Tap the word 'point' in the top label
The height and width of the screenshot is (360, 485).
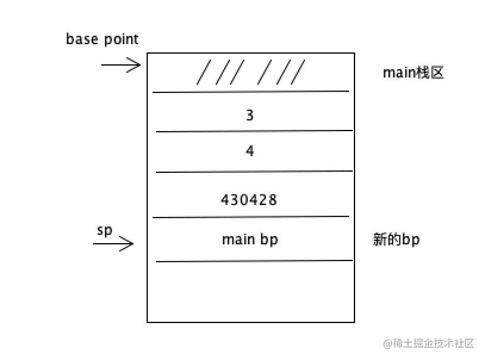point(121,40)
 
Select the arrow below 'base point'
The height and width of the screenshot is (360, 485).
point(121,64)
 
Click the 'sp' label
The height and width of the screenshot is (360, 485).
point(104,231)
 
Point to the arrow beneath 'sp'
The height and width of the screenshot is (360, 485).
point(113,243)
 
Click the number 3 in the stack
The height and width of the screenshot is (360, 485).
point(250,115)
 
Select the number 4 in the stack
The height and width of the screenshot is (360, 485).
point(250,151)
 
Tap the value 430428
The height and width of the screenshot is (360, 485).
point(249,200)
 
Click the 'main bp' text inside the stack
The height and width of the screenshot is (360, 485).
point(250,240)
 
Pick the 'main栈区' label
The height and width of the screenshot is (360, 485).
point(413,73)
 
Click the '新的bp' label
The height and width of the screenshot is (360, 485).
point(396,240)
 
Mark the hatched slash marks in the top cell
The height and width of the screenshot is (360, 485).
point(250,73)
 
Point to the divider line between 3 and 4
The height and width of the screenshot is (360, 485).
point(254,131)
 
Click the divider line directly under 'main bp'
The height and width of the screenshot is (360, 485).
point(254,260)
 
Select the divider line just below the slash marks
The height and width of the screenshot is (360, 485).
point(250,92)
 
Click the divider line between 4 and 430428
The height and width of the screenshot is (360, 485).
point(254,172)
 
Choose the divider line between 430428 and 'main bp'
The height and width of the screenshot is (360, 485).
point(250,217)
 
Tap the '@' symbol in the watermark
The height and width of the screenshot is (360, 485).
point(388,344)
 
